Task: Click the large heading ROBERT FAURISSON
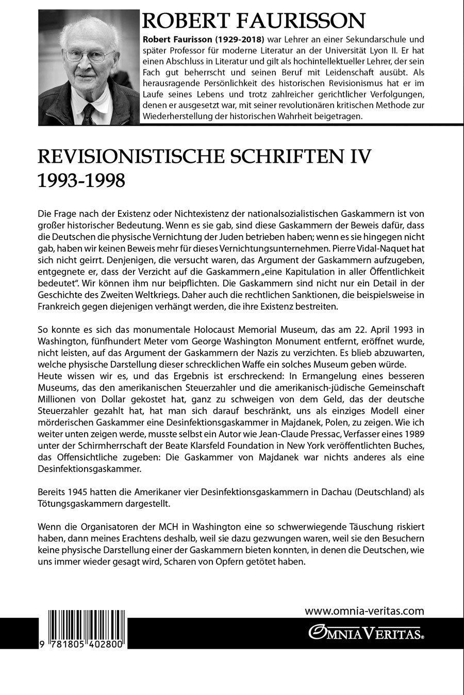click(254, 21)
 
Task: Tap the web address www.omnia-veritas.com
click(364, 611)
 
